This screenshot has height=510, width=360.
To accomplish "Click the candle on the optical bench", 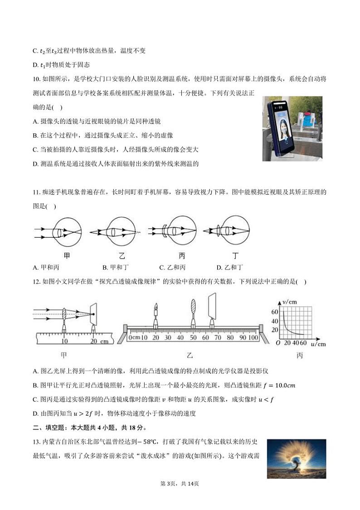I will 156,313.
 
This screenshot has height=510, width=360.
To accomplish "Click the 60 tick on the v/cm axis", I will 274,312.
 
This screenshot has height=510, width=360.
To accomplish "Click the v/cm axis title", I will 289,301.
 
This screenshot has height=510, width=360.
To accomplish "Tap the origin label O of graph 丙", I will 278,343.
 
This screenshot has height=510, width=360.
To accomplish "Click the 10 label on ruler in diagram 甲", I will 65,341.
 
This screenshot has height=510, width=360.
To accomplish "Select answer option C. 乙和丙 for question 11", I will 172,268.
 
